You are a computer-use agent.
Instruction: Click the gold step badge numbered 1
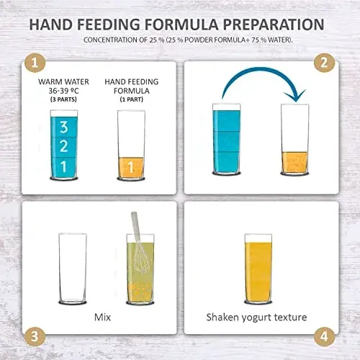[x=35, y=63]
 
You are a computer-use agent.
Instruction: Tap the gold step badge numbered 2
[x=324, y=63]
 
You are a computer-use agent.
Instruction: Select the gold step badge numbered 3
[x=35, y=336]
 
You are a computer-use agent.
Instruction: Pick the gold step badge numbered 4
[x=324, y=336]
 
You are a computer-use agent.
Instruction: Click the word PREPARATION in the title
[x=274, y=24]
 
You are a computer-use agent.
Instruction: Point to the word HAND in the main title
[x=51, y=24]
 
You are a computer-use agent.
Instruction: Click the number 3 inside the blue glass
[x=64, y=127]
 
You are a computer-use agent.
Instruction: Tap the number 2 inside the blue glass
[x=63, y=146]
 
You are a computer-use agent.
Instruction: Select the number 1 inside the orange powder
[x=130, y=167]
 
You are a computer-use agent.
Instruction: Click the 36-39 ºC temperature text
[x=63, y=91]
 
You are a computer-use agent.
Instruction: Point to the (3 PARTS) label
[x=63, y=99]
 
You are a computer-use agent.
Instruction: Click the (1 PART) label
[x=132, y=99]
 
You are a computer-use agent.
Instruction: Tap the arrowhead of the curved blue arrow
[x=296, y=96]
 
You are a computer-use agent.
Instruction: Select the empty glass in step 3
[x=73, y=269]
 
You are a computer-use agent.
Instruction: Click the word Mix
[x=102, y=318]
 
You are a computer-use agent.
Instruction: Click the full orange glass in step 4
[x=258, y=269]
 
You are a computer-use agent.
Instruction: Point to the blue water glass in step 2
[x=227, y=139]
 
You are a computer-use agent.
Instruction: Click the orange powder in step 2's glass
[x=294, y=162]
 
